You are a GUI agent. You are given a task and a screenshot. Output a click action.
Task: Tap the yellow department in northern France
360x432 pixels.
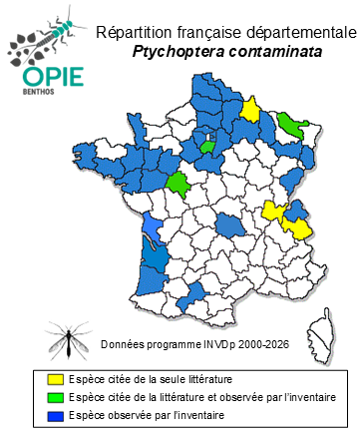point(251,109)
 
